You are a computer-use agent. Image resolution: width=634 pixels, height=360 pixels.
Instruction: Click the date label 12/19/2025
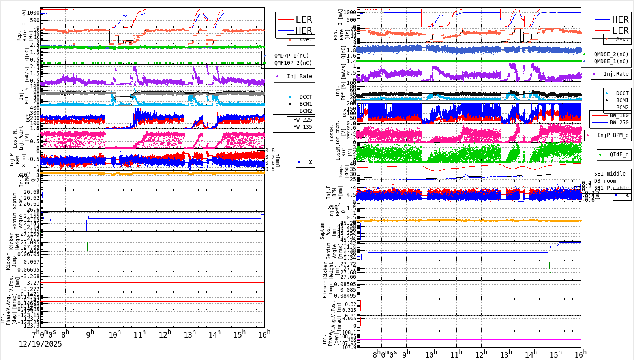tap(40, 344)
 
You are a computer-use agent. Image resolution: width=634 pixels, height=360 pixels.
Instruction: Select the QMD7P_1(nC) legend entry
tap(291, 56)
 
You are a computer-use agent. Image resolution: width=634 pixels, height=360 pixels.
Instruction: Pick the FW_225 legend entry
tap(302, 120)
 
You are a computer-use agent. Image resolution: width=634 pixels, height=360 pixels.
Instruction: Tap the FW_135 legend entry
tap(302, 127)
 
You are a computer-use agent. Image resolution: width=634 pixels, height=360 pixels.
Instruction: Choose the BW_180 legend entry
tap(619, 115)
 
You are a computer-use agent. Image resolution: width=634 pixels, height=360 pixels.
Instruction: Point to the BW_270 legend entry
tap(619, 122)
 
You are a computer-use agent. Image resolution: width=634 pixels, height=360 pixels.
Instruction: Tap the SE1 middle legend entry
tap(610, 174)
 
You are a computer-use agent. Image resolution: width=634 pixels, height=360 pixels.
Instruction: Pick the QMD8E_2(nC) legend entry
tap(611, 54)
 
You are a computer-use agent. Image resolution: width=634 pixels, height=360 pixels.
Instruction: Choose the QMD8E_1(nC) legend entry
tap(611, 61)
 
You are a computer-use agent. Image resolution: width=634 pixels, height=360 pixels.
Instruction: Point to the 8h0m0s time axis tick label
tap(385, 354)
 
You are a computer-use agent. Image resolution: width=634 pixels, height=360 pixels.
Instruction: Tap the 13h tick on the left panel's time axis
tap(189, 334)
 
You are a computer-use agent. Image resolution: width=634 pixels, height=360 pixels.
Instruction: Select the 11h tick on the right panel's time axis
tap(456, 354)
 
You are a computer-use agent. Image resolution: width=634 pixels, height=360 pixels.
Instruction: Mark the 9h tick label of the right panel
tap(406, 354)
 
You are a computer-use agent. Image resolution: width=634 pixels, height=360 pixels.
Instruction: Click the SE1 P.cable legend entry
tap(611, 188)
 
